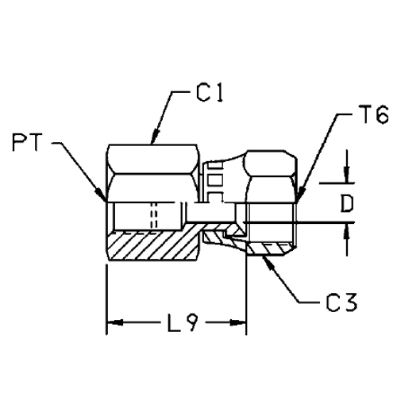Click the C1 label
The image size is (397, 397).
[x=210, y=93]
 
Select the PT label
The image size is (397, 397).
[x=28, y=142]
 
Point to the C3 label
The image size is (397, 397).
[x=341, y=302]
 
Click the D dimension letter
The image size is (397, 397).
[x=347, y=203]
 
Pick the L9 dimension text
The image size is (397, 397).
[x=183, y=323]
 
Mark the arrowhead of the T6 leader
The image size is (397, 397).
[x=300, y=195]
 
